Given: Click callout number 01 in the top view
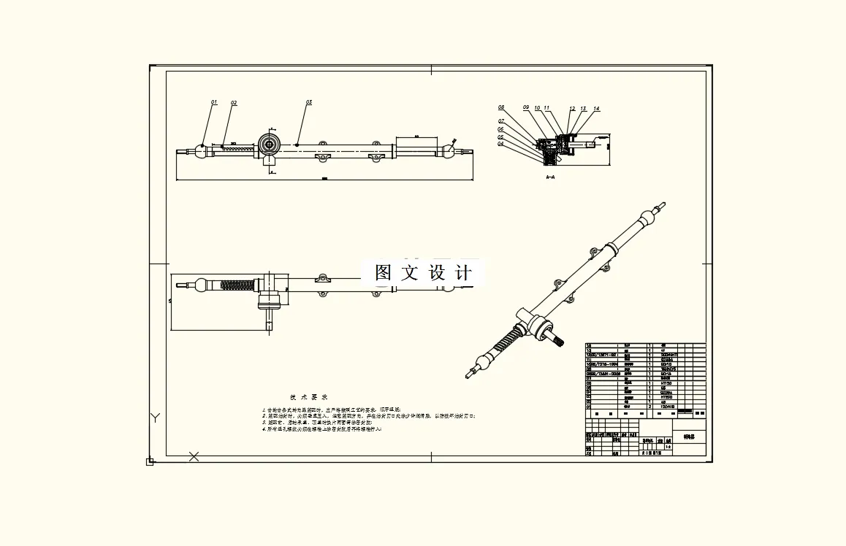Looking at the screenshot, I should (214, 103).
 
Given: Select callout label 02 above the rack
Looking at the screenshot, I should (234, 104).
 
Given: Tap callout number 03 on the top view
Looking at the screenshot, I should (309, 103).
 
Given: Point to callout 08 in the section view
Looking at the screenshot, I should (502, 107).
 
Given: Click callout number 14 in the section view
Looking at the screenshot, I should (596, 109).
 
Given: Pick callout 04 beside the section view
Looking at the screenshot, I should (501, 144).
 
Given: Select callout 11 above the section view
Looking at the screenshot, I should (546, 108).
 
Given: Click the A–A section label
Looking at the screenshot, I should (550, 177).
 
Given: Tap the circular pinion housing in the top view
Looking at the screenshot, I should (269, 145).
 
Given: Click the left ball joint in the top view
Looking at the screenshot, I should (201, 150).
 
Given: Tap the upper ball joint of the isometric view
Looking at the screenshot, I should (645, 218).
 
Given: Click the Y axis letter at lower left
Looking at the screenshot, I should (155, 418).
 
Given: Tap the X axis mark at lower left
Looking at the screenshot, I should (194, 457).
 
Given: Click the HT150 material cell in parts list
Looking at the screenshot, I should (666, 382).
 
